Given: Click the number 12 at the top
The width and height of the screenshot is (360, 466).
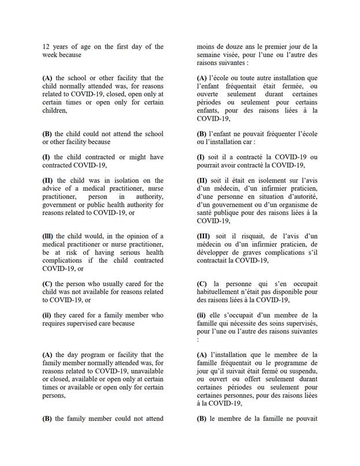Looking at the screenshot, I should pos(46,47).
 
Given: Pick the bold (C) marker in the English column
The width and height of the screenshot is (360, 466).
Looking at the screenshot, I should pos(47,284).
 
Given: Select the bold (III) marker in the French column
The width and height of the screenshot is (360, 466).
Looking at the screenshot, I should pos(206,236).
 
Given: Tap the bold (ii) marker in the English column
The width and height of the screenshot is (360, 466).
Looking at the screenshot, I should pos(47,315).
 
